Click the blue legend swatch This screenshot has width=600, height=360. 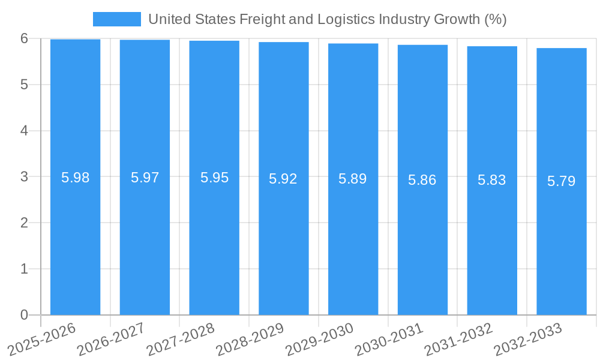116,19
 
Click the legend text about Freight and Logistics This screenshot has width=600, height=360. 327,19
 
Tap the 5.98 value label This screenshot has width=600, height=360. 76,178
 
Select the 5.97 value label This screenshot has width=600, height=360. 145,178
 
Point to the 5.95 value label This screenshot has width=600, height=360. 214,178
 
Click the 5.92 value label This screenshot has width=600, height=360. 283,179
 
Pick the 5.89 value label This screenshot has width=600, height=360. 353,179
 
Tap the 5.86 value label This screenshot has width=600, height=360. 422,180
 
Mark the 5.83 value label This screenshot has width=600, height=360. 491,180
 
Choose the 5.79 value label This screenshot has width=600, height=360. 561,181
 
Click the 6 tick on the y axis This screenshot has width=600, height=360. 24,38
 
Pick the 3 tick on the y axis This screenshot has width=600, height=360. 24,177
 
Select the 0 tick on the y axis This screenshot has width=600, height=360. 24,315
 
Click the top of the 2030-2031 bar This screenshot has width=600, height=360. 422,45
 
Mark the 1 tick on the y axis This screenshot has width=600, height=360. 24,269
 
